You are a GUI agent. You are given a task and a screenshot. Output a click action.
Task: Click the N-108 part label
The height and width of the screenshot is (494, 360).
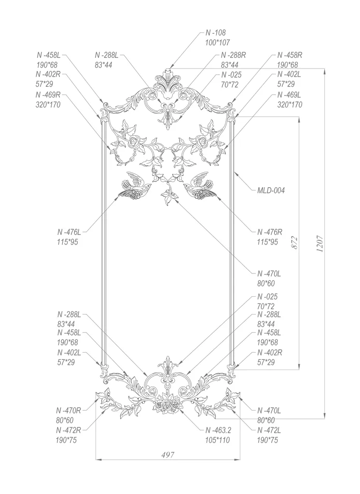(216, 33)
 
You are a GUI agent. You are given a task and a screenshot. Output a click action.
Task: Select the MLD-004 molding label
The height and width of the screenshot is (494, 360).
(271, 191)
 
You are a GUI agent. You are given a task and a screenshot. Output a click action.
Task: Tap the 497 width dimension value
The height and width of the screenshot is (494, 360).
(167, 455)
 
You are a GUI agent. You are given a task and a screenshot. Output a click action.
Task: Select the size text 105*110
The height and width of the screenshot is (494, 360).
(218, 439)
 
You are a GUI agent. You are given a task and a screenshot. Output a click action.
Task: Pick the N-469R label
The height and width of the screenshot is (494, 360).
(48, 95)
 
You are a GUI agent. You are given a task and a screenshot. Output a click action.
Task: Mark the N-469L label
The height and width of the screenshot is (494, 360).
(289, 95)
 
